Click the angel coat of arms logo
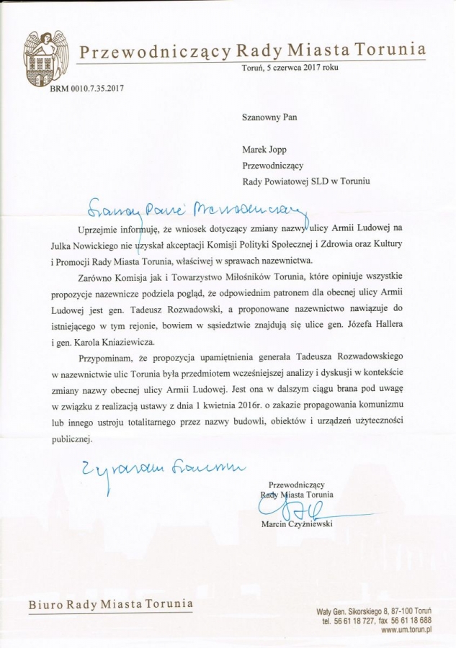(43, 58)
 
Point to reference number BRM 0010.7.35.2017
(88, 89)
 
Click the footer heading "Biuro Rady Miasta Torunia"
(111, 603)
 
